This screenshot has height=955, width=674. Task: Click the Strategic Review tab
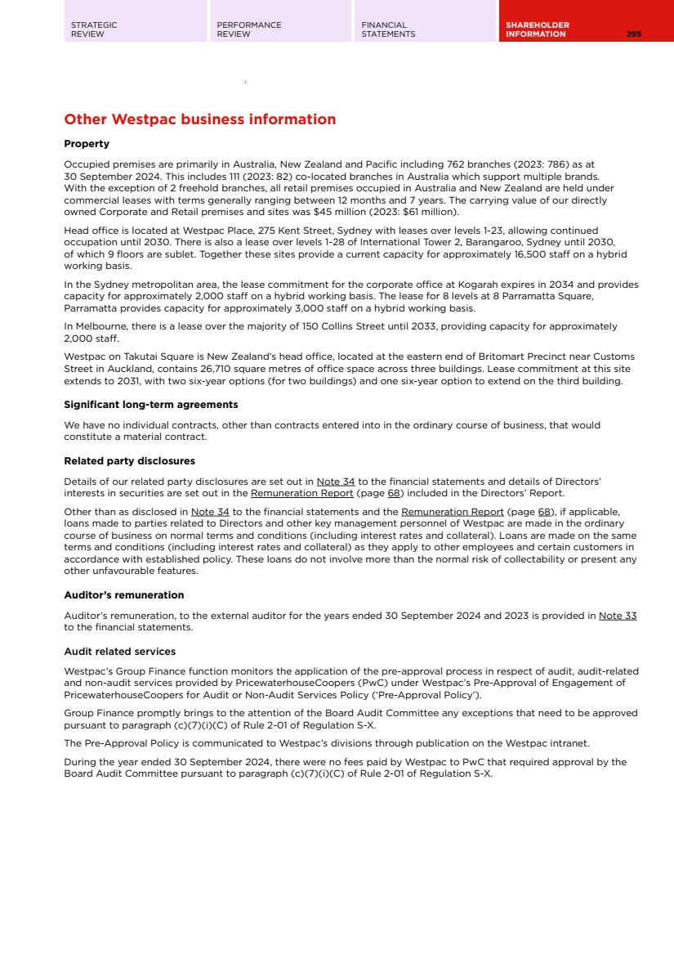[x=94, y=29]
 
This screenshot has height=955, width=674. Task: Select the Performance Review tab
[x=248, y=29]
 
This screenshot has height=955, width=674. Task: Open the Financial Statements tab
[x=388, y=29]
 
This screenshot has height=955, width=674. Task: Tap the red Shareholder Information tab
[x=538, y=29]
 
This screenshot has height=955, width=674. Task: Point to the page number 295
[x=634, y=34]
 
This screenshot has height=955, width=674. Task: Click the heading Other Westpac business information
[x=200, y=119]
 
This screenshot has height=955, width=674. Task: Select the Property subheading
[x=87, y=144]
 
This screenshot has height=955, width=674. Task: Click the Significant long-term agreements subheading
[x=151, y=404]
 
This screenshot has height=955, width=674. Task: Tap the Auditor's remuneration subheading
[x=124, y=594]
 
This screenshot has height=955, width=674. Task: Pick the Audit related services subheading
[x=120, y=652]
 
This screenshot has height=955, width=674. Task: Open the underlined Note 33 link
[x=618, y=616]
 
